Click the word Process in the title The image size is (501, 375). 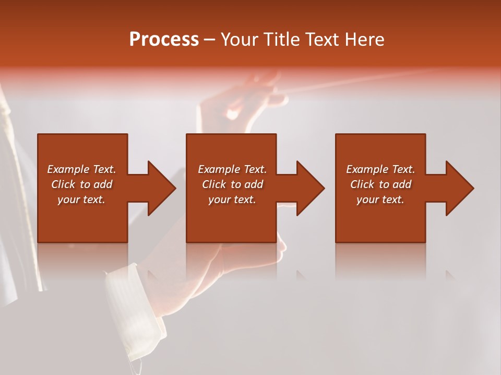[164, 40]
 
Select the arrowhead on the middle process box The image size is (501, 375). [310, 188]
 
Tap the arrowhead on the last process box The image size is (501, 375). [459, 188]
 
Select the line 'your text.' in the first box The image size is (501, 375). [81, 199]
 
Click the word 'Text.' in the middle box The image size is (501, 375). [254, 169]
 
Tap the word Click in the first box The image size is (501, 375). [64, 184]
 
